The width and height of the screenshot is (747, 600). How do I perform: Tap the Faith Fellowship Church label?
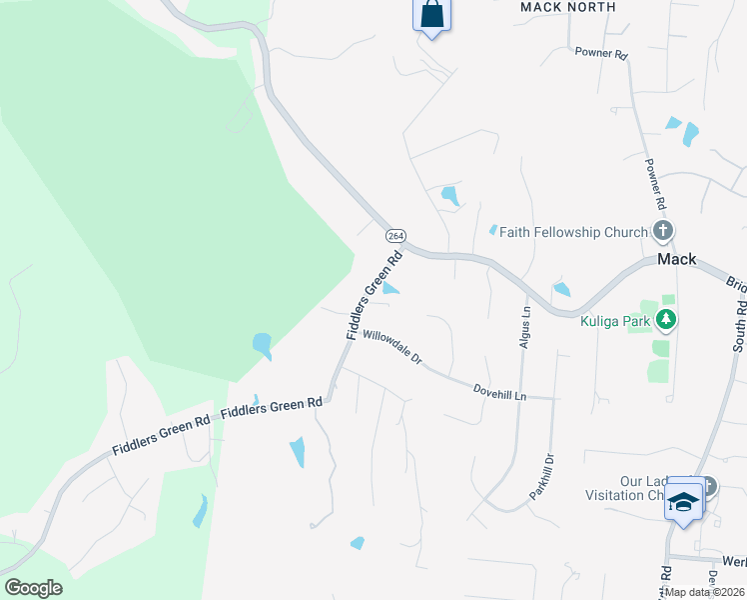(573, 232)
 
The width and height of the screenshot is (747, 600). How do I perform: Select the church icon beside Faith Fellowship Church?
(663, 232)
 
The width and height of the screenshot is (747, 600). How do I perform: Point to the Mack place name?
(676, 259)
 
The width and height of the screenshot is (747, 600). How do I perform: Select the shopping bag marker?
(431, 16)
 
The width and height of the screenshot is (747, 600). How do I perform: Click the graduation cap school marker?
(683, 500)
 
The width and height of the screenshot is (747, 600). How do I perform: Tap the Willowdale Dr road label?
(392, 347)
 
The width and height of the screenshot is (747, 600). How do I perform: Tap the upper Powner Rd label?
(600, 52)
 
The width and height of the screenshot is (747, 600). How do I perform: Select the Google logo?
(33, 588)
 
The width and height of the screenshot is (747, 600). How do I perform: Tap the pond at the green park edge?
(263, 346)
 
